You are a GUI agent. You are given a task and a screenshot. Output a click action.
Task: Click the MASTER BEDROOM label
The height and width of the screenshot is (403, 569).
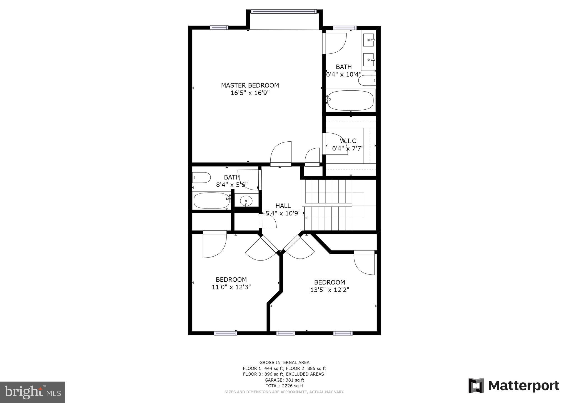coord(250,85)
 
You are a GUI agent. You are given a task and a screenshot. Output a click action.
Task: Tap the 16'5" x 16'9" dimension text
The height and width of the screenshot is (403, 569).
coord(250,93)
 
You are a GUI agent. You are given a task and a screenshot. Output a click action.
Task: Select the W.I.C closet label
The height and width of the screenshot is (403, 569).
coord(348,141)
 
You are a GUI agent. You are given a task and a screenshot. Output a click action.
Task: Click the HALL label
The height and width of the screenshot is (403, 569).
coord(283,206)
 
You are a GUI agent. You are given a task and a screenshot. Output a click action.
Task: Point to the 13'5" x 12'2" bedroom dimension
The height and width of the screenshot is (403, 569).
coord(330,290)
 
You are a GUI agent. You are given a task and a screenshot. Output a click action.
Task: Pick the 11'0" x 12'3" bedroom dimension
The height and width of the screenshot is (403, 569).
coord(231,287)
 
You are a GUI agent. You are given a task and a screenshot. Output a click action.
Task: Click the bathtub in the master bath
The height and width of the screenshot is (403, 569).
coord(350,100)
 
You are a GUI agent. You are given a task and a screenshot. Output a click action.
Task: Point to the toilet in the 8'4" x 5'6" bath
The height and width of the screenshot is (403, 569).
coord(201,178)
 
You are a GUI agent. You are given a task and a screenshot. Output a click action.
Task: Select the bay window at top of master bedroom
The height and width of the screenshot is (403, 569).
coord(284,11)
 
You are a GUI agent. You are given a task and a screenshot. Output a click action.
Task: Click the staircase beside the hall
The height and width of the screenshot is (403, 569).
coord(328,205)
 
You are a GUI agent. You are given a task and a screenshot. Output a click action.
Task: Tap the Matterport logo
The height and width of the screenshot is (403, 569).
coord(514,386)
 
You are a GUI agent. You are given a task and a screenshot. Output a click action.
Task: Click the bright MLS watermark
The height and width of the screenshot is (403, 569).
coord(33,392)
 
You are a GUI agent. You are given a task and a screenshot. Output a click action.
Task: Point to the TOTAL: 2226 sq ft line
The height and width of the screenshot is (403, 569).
coord(284,386)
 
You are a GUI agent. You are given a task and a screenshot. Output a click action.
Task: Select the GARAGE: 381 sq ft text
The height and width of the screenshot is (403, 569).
coord(284,380)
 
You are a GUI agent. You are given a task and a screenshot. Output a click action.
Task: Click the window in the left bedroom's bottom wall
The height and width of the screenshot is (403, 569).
coord(225,333)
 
